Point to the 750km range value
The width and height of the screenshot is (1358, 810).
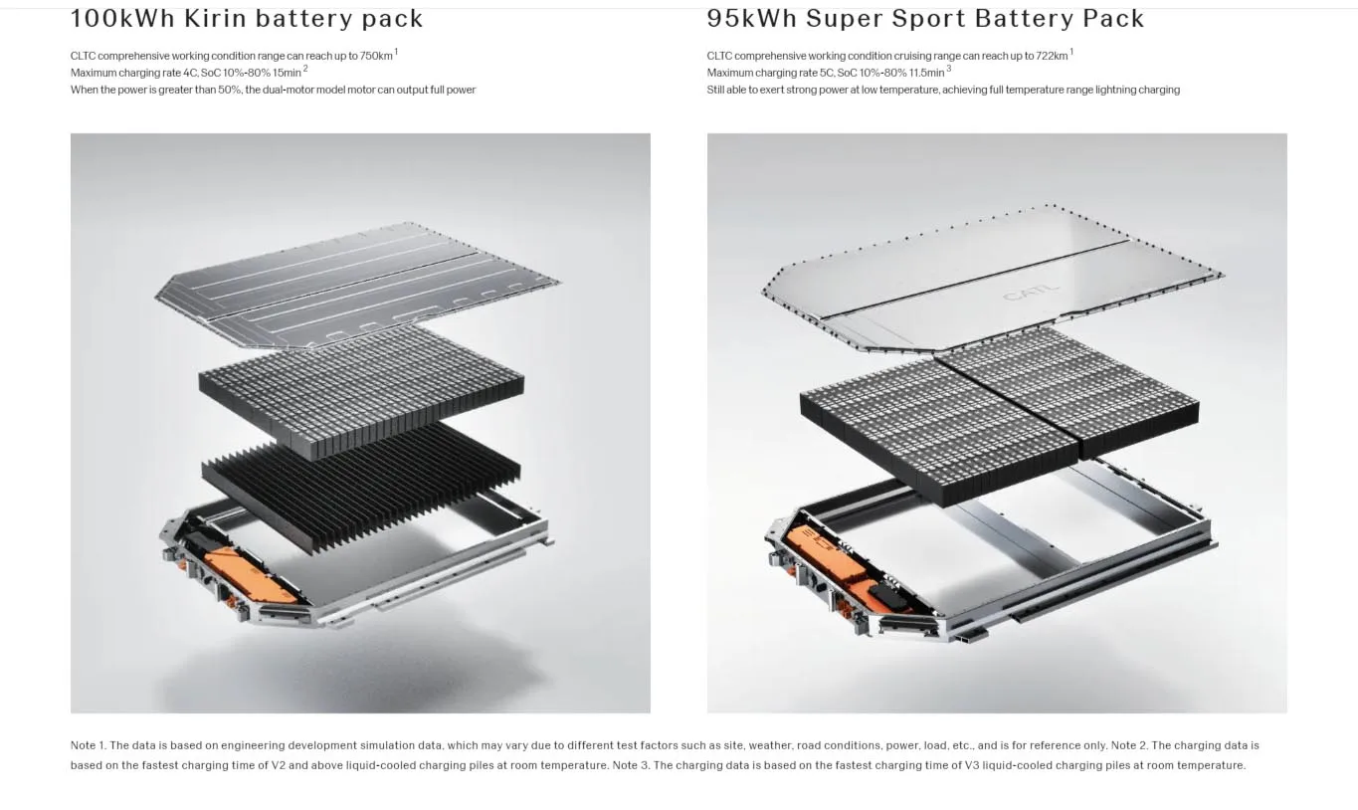(376, 56)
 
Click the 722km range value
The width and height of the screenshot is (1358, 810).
(1052, 56)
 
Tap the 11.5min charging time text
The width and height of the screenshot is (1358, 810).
(927, 73)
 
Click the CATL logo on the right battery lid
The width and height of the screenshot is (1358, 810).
(1032, 293)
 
